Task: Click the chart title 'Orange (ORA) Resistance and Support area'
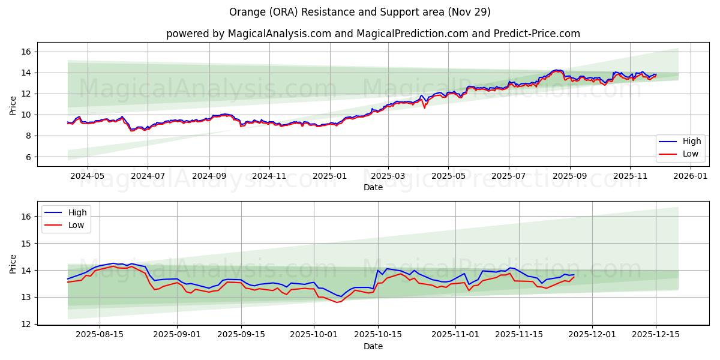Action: pos(360,12)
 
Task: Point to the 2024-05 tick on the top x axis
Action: pos(87,176)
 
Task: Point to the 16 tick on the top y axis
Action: pos(26,52)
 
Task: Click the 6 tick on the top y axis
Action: pos(28,157)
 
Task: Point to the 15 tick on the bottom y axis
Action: pos(26,244)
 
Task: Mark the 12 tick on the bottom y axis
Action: pos(26,324)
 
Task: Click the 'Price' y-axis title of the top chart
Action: pos(13,104)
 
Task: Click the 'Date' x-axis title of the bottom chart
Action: pos(373,347)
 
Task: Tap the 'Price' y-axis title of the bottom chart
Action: pos(13,263)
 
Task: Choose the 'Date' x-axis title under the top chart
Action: pos(373,188)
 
